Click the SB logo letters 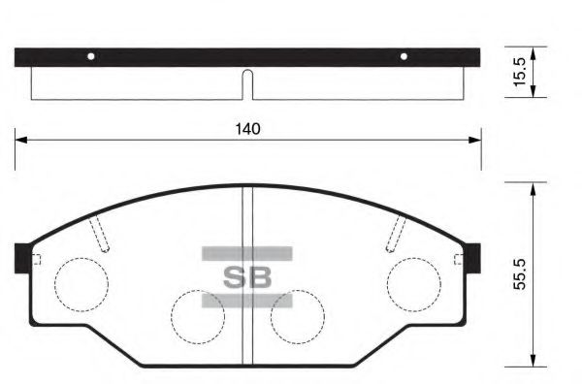pyautogui.click(x=247, y=276)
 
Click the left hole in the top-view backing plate pyautogui.click(x=90, y=55)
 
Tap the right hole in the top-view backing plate pyautogui.click(x=404, y=55)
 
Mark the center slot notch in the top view pyautogui.click(x=247, y=84)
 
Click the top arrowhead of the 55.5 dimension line pyautogui.click(x=532, y=189)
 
